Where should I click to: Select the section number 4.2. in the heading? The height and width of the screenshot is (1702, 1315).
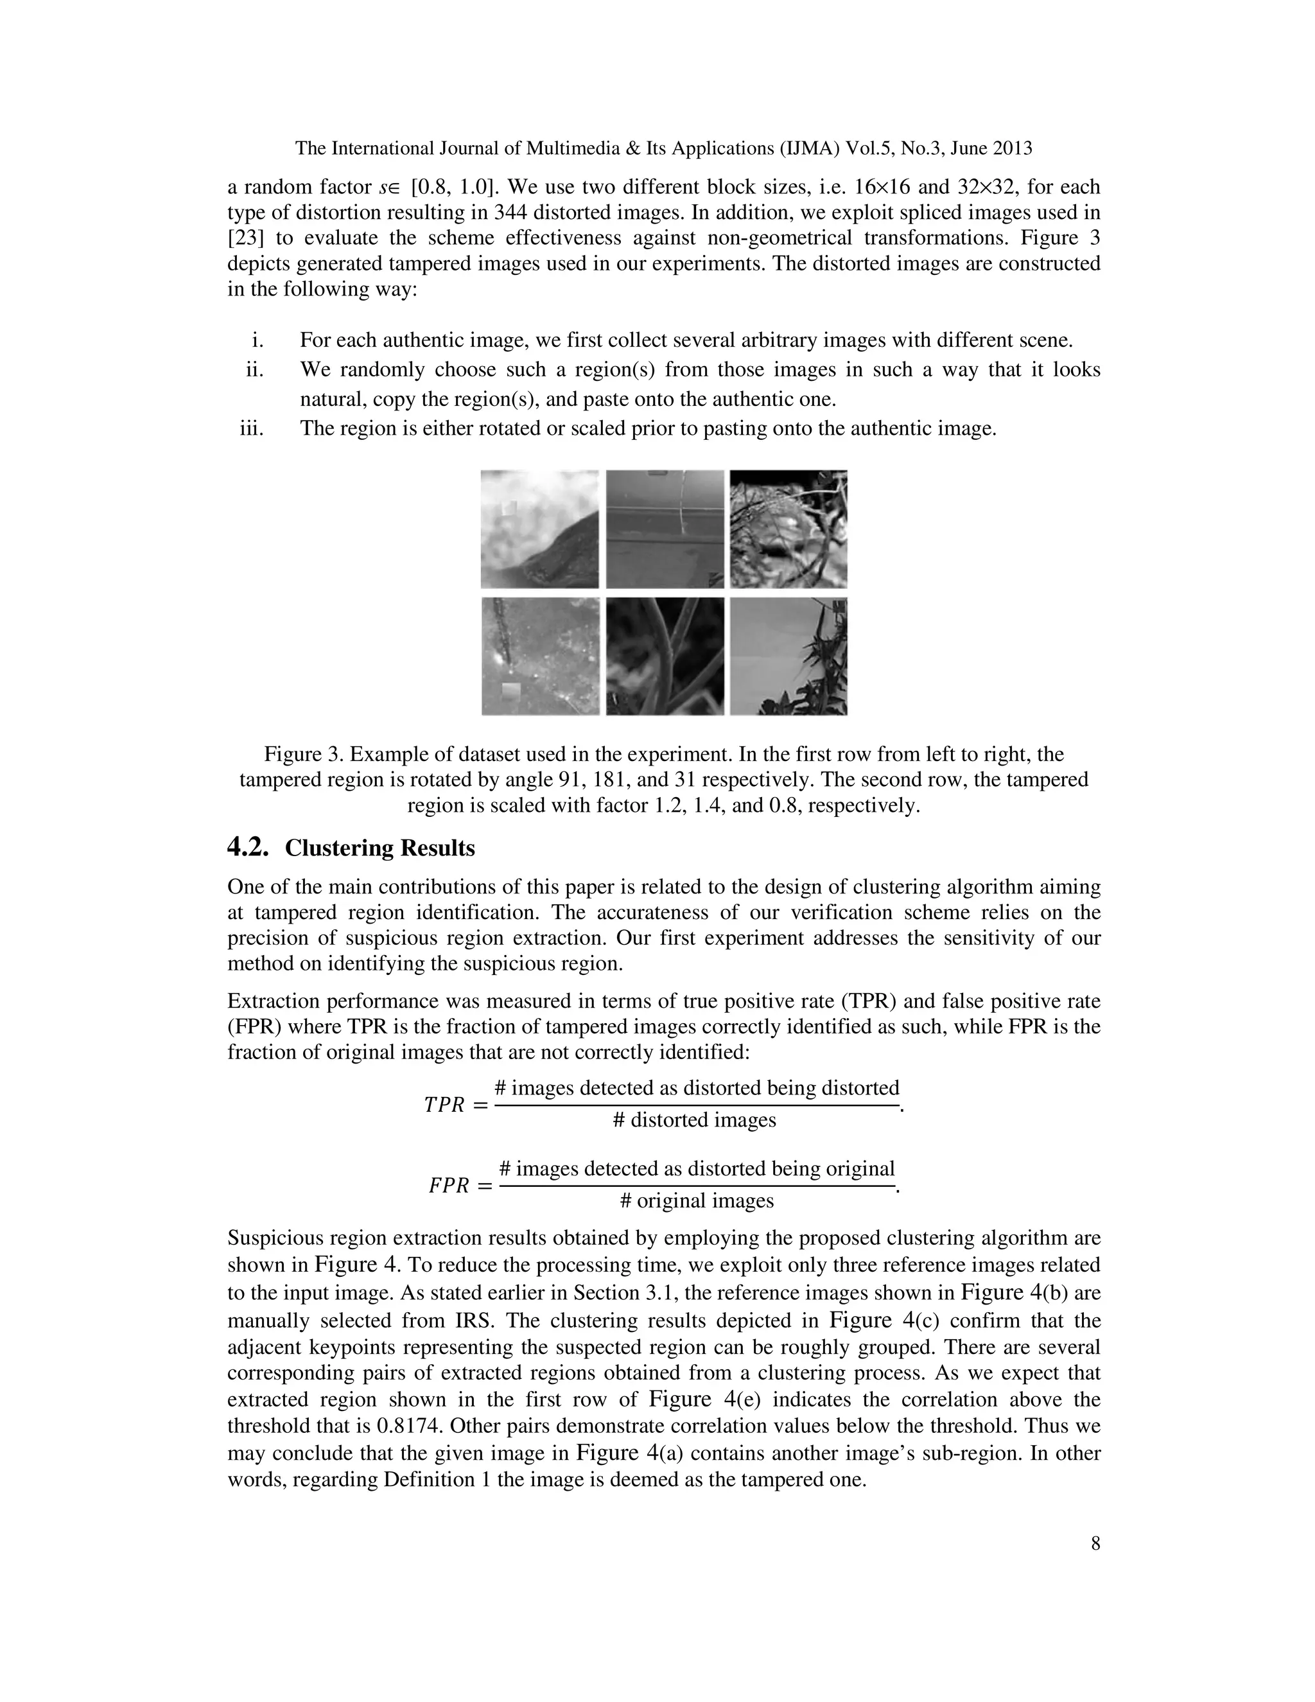(x=248, y=848)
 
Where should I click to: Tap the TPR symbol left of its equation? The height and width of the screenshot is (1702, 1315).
(x=444, y=1105)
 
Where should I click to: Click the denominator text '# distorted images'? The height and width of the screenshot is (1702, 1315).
(x=694, y=1120)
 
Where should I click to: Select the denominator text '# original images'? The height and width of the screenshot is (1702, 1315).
(x=697, y=1201)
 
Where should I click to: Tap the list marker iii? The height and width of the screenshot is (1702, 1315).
(x=252, y=428)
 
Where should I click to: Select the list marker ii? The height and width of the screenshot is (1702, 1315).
(x=255, y=369)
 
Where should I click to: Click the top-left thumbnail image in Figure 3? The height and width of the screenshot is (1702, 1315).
(x=539, y=529)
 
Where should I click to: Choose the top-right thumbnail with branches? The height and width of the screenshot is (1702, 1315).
(x=788, y=529)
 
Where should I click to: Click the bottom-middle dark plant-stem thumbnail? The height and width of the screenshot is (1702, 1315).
(x=665, y=656)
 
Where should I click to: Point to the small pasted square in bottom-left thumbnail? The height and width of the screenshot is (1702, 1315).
(x=511, y=691)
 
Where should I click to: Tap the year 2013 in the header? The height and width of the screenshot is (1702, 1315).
(x=1011, y=148)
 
